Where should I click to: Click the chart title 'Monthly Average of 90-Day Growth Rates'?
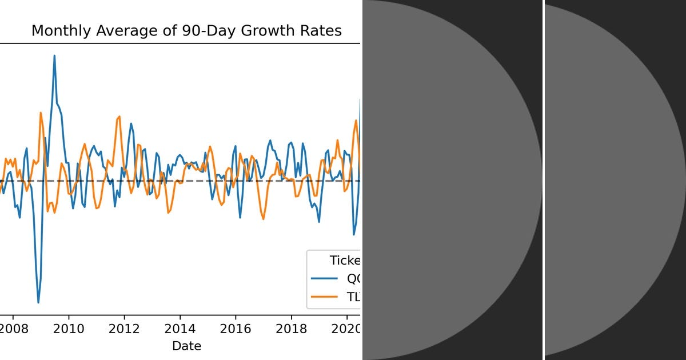pos(186,31)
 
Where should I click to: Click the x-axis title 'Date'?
pos(186,346)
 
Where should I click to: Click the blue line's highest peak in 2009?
pos(54,55)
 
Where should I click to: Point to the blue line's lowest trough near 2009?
pos(38,302)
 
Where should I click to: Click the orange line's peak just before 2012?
pos(119,117)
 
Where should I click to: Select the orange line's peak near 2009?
pos(41,113)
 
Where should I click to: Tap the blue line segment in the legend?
pos(324,279)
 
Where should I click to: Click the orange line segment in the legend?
pos(324,297)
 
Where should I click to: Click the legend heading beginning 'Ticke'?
pos(345,261)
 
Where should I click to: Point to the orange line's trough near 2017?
pos(264,219)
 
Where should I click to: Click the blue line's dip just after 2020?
pos(354,234)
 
